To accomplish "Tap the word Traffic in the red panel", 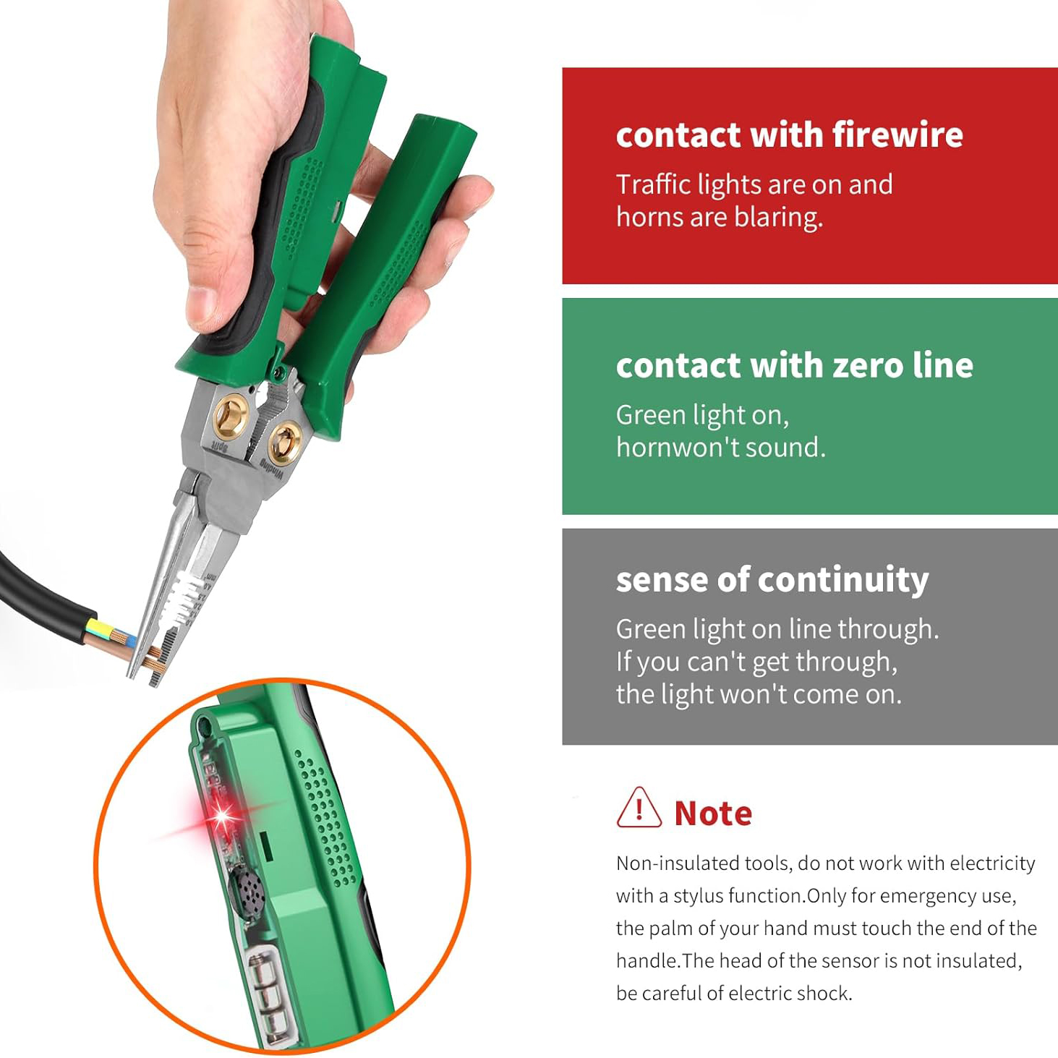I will pos(653,185).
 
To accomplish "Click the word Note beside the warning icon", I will pos(713,814).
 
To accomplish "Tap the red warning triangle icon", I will pos(639,809).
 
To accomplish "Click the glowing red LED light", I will pos(220,817).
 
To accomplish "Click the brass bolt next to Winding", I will pos(284,441).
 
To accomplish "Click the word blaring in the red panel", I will pos(778,218).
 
